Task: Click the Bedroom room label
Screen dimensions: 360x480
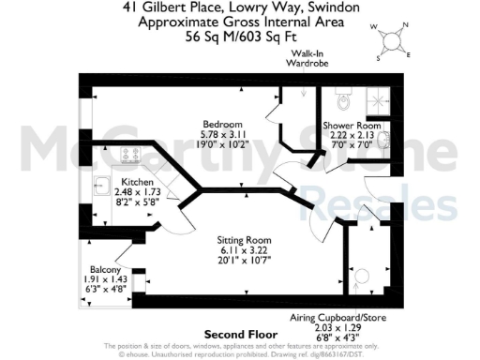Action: click(x=224, y=125)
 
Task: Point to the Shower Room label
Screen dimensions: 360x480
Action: click(x=352, y=125)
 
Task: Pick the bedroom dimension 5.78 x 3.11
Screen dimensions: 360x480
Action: click(x=224, y=135)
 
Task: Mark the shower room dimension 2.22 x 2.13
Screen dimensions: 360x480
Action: click(x=352, y=135)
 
